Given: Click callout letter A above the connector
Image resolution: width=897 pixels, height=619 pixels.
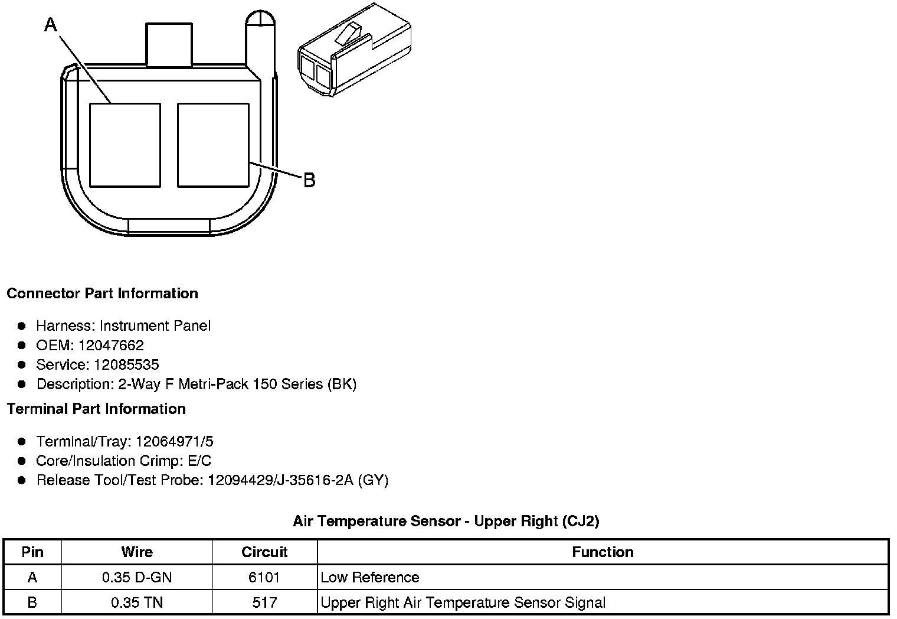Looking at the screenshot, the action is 51,24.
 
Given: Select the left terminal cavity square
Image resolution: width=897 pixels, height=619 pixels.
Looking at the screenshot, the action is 125,145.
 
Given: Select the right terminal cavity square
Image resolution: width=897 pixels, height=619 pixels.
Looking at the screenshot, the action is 213,145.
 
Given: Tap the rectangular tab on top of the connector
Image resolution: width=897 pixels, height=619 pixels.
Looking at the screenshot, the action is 169,44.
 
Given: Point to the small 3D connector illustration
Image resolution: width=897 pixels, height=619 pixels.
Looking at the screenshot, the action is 355,50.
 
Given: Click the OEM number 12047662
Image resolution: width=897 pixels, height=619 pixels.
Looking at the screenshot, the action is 111,345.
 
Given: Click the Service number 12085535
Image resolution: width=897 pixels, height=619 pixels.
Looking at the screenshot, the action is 126,364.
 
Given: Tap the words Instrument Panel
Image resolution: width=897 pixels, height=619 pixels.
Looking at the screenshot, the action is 155,325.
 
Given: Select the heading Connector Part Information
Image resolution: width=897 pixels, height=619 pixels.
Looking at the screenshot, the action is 103,294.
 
